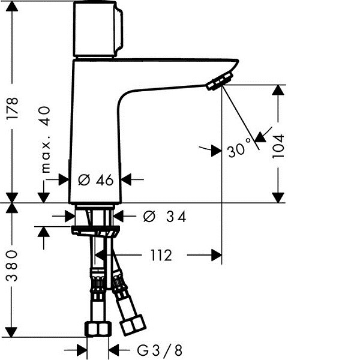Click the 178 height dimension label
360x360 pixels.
tap(12, 108)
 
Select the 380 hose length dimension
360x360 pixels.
tap(12, 266)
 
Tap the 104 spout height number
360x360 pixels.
tap(278, 146)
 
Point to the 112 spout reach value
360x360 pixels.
tap(161, 255)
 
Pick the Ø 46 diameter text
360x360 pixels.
tap(96, 180)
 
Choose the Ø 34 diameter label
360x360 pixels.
tap(164, 217)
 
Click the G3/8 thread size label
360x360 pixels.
tap(160, 350)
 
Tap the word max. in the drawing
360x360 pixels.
tap(46, 156)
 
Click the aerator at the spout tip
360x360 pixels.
tap(220, 81)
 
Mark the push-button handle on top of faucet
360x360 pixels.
tap(98, 29)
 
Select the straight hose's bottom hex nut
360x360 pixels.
tap(98, 329)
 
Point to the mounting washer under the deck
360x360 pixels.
tap(95, 230)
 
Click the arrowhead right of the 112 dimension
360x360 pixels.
tap(217, 255)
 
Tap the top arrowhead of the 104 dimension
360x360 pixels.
tap(278, 90)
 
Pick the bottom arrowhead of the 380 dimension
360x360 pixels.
tap(11, 332)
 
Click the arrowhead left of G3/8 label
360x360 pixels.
tap(82, 350)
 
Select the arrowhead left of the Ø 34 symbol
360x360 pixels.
tap(70, 216)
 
